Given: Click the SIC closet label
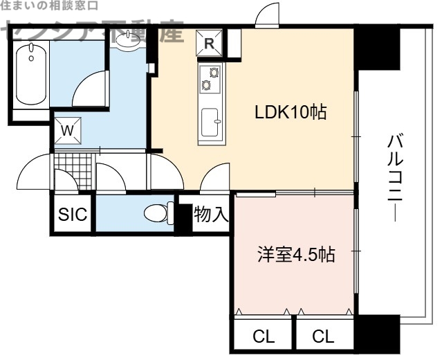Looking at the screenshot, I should (72, 215).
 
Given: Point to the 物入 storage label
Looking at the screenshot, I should (210, 215).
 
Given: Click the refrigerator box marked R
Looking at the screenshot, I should (210, 43).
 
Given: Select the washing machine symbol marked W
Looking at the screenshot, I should (68, 129).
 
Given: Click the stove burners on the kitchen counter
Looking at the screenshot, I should (210, 77).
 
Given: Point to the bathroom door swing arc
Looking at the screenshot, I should (88, 91).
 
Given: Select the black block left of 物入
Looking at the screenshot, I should (183, 217).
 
